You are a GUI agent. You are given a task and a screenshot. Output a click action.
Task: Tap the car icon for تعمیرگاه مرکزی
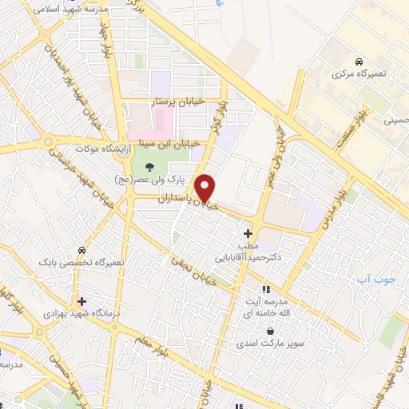[x=359, y=62]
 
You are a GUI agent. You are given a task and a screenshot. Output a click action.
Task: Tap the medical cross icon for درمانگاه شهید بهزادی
[x=81, y=301]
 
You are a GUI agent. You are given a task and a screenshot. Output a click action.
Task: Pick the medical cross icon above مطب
[x=248, y=233]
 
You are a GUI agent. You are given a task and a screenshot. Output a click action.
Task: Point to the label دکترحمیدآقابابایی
[x=244, y=258]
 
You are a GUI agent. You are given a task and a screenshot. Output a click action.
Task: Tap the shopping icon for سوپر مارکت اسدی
[x=271, y=331]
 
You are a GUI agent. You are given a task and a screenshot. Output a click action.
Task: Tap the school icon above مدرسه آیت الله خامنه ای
[x=266, y=288]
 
